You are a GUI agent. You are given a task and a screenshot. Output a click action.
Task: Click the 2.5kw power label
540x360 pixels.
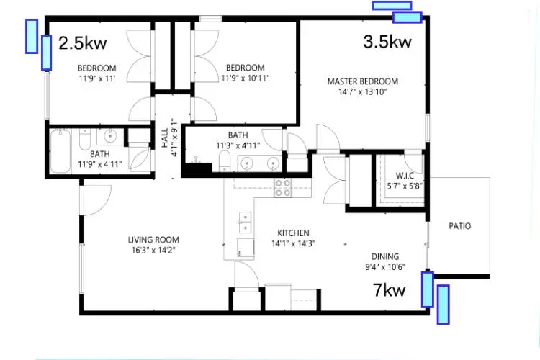coord(83,43)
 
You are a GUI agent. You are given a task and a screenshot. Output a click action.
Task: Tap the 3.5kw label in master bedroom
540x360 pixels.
coord(387,42)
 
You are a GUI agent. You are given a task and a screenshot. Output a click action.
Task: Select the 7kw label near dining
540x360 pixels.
coord(390,289)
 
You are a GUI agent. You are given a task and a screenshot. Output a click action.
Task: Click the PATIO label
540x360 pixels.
coord(460,226)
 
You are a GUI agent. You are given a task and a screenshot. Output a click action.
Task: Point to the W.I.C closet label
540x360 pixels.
coord(405,176)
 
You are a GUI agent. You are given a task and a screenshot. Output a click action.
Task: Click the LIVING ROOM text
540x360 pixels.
coord(153,240)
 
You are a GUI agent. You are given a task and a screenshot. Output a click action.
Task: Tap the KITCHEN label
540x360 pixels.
coord(294,233)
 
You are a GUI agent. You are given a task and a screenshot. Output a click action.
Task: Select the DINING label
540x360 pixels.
coord(385,256)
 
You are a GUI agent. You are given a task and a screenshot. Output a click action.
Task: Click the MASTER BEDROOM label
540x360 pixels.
coord(363,81)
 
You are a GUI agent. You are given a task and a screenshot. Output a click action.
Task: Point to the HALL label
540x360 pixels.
coord(165,138)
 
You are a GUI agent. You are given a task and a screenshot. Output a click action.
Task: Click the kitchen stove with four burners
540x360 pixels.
coord(283,188)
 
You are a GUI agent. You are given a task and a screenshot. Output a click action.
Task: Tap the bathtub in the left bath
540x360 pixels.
coord(60,152)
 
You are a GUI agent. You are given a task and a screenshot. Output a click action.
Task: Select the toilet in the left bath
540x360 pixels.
coord(85,139)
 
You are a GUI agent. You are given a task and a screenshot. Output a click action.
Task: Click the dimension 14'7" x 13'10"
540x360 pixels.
coord(363,92)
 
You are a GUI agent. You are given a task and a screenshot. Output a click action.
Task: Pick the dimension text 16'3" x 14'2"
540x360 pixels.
coord(153,250)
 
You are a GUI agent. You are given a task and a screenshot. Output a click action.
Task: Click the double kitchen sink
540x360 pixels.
coord(245,222)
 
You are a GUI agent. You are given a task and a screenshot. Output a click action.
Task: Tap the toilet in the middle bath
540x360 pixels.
coord(225,161)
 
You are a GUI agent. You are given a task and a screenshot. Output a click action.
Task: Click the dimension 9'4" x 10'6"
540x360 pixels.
coord(385,267)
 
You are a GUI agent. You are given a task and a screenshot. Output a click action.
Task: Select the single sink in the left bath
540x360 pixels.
coord(110,136)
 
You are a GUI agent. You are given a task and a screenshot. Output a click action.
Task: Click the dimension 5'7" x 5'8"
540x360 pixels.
coord(405,186)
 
